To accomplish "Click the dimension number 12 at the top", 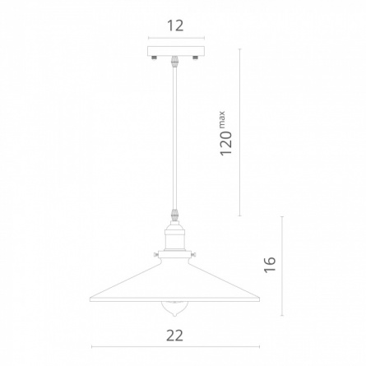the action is tap(175, 25).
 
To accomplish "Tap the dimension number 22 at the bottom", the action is tap(175, 336).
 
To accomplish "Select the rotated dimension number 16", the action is tap(270, 265).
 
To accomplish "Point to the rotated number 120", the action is tap(226, 143).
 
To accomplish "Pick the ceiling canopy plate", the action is tap(176, 51).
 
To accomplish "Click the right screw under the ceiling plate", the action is tap(196, 58).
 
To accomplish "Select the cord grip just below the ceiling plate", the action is tap(174, 62).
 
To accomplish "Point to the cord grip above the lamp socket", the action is tap(174, 215).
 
